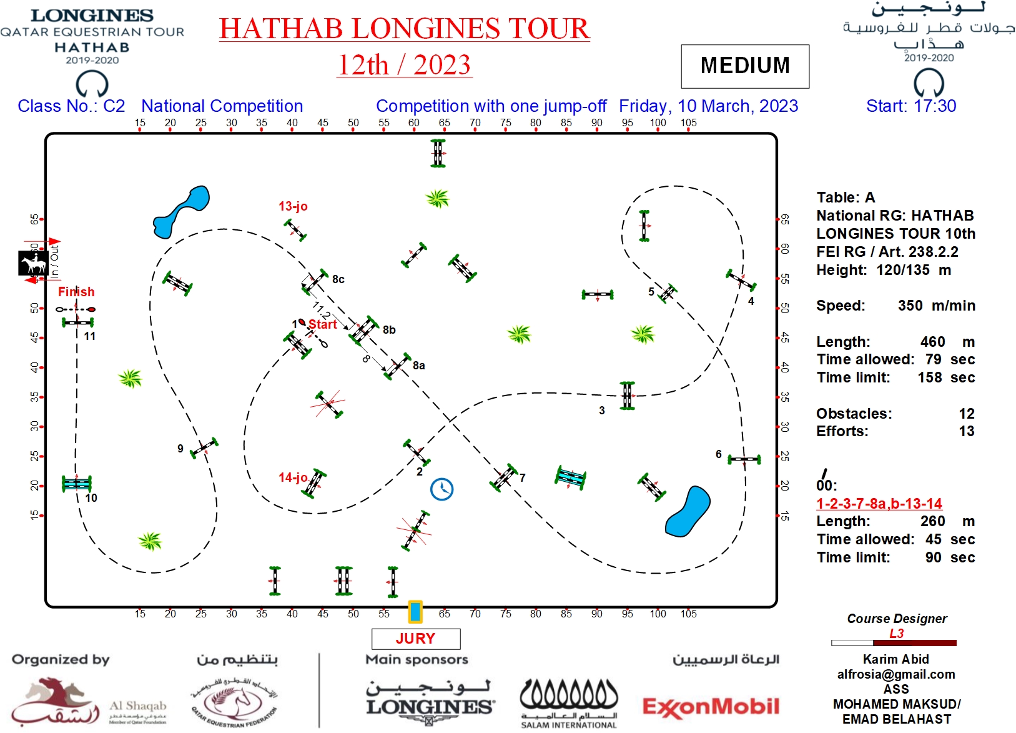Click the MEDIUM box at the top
click(744, 66)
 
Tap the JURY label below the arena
click(415, 638)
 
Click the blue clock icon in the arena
click(441, 489)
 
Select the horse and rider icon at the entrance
click(33, 263)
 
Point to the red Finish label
click(76, 292)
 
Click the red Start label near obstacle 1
click(322, 324)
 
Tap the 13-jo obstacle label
click(293, 206)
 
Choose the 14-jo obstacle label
click(293, 477)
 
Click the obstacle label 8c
click(338, 279)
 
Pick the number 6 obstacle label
click(719, 454)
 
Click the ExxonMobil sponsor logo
click(711, 707)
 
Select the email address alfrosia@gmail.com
click(896, 674)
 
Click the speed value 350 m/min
click(936, 306)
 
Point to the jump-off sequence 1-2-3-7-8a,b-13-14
click(879, 503)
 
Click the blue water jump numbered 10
click(77, 483)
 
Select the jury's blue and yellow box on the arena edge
click(415, 612)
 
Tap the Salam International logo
click(568, 703)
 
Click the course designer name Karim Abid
click(896, 659)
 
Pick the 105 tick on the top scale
click(688, 123)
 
